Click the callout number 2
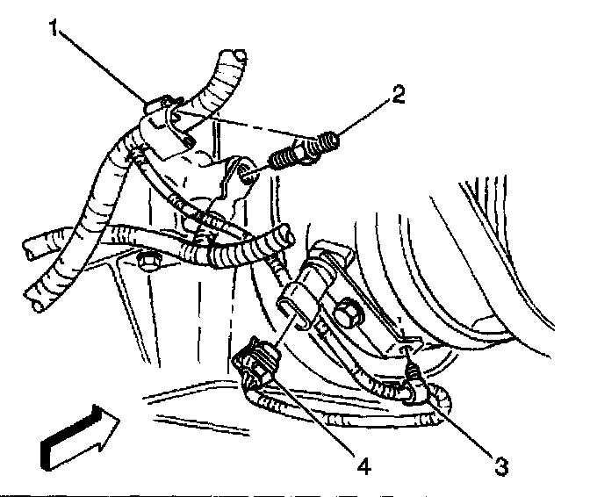(x=399, y=94)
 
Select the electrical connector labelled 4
(x=260, y=364)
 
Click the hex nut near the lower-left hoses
(x=147, y=261)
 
